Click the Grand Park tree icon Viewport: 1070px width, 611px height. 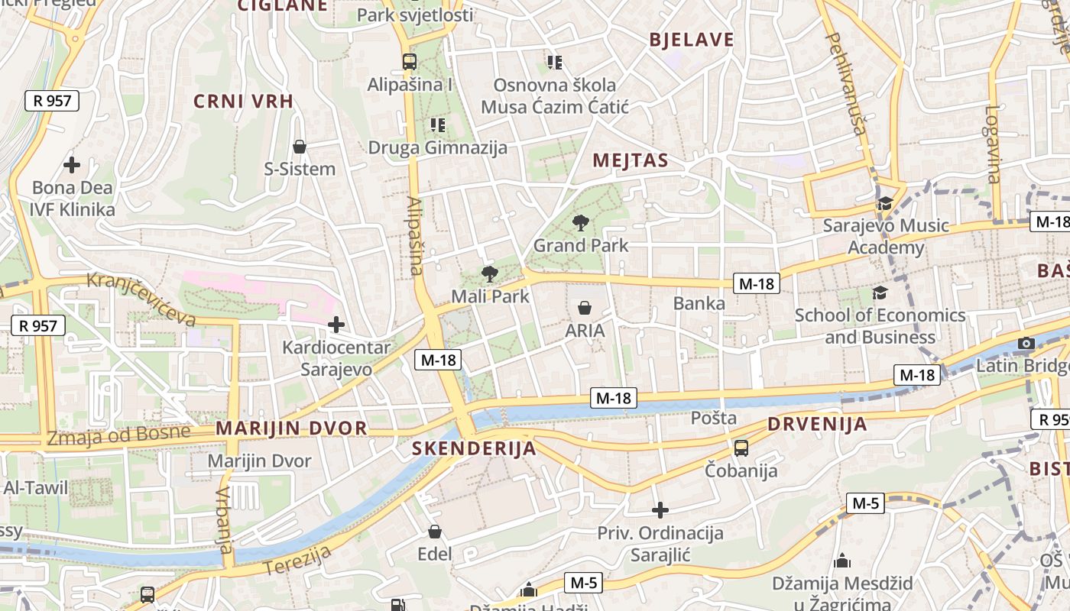click(x=581, y=223)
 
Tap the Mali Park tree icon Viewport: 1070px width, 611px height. click(x=489, y=273)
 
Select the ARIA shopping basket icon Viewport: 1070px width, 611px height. click(x=585, y=308)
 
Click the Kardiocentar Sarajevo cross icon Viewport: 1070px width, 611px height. click(x=336, y=325)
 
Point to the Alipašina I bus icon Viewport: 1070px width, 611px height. click(x=410, y=62)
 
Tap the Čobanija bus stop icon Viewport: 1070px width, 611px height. click(x=741, y=448)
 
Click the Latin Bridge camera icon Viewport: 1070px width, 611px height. click(x=1026, y=343)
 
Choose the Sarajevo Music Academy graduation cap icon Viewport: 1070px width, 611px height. click(x=885, y=203)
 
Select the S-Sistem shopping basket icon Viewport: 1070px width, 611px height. click(x=300, y=146)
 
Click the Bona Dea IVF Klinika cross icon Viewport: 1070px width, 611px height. click(x=72, y=164)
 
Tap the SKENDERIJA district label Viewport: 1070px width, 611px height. click(x=474, y=448)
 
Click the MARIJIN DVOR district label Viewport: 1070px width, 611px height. click(x=291, y=428)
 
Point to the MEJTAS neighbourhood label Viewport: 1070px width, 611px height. click(x=631, y=160)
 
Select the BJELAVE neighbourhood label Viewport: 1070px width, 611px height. click(x=691, y=40)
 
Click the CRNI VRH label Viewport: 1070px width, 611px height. click(x=243, y=102)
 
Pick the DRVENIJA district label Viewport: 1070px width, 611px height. click(x=817, y=424)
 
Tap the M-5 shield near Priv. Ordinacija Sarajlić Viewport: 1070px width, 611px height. click(x=865, y=503)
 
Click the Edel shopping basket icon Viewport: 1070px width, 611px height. click(x=435, y=532)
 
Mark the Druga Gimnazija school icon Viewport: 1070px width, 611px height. click(x=437, y=124)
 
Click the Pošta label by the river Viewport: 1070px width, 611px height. click(x=714, y=418)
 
